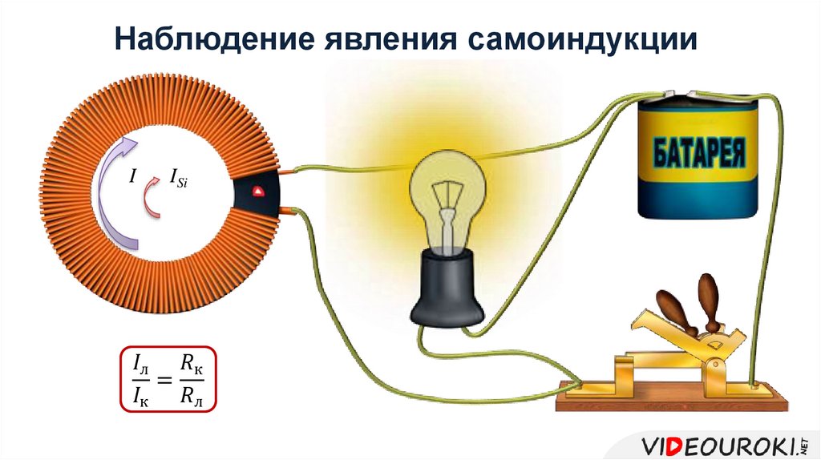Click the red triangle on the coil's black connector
pos(258,192)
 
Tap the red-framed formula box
pos(168,379)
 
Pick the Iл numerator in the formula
pos(140,365)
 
